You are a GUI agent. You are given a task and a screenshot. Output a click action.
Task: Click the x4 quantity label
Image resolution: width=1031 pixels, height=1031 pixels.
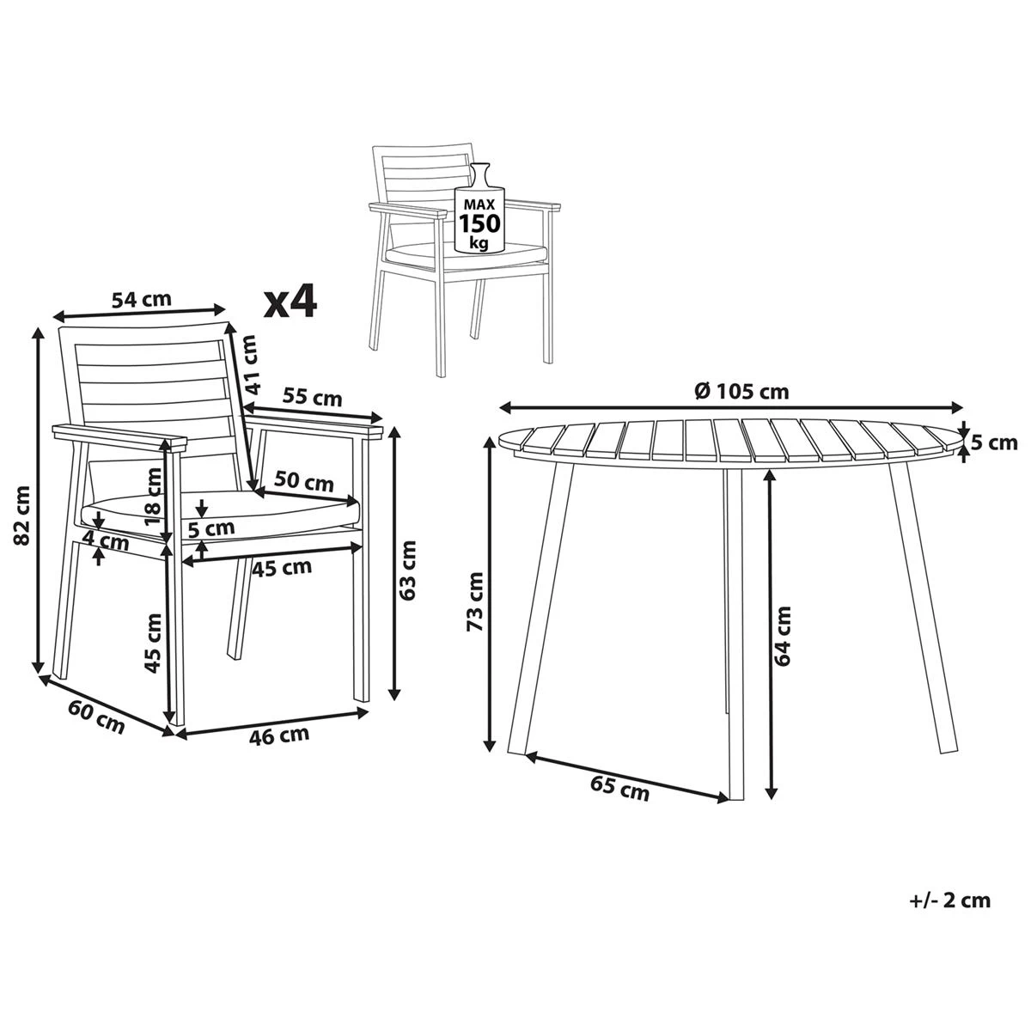coord(290,302)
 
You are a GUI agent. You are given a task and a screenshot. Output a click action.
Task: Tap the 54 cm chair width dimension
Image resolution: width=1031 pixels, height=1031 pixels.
coord(142,299)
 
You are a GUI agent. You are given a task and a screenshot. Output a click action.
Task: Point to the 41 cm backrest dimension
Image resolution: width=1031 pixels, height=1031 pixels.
coord(250,363)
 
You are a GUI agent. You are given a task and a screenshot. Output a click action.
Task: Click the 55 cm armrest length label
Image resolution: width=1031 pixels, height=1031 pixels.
coord(313,398)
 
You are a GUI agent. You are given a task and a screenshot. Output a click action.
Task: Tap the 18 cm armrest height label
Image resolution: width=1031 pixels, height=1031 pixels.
coord(153,497)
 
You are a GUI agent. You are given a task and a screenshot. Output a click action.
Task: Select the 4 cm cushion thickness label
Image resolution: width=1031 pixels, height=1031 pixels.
coord(107,542)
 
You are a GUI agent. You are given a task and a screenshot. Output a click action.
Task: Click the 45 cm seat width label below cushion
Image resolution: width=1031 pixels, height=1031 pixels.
coord(282,566)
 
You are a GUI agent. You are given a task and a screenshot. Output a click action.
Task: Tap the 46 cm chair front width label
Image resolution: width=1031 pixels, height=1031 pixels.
coord(279,735)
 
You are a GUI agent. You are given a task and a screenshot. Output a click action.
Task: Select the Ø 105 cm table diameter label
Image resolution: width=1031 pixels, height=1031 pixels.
coord(741,391)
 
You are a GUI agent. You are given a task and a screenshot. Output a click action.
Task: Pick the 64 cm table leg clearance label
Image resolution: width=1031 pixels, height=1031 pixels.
coord(783,636)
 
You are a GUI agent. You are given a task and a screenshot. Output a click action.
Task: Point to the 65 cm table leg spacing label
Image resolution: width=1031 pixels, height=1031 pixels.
coord(619,788)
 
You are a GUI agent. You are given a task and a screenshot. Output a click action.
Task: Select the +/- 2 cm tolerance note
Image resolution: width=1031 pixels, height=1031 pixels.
coord(949,900)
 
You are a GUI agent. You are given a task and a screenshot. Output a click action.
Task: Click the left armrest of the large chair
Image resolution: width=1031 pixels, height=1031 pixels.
coord(120,436)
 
